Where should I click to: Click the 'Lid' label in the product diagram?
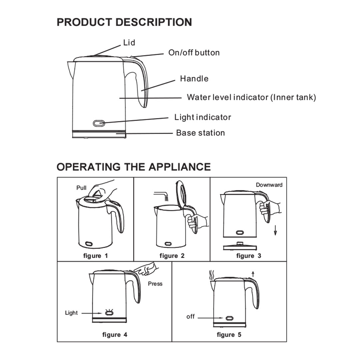click(129, 43)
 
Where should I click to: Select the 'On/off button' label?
click(194, 53)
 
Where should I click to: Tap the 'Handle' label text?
click(194, 79)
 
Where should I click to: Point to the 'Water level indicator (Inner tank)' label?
click(251, 97)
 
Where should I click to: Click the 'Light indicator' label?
click(203, 117)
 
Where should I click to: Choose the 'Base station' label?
click(200, 133)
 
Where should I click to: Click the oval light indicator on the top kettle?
click(99, 123)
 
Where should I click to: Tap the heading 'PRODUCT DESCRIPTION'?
click(124, 22)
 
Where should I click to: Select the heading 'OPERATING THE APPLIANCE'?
click(134, 167)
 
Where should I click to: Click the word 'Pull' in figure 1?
click(81, 188)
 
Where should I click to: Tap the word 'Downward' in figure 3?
click(269, 185)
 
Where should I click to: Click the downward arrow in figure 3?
click(275, 230)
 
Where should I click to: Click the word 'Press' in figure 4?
click(155, 284)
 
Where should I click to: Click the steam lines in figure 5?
click(211, 276)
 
